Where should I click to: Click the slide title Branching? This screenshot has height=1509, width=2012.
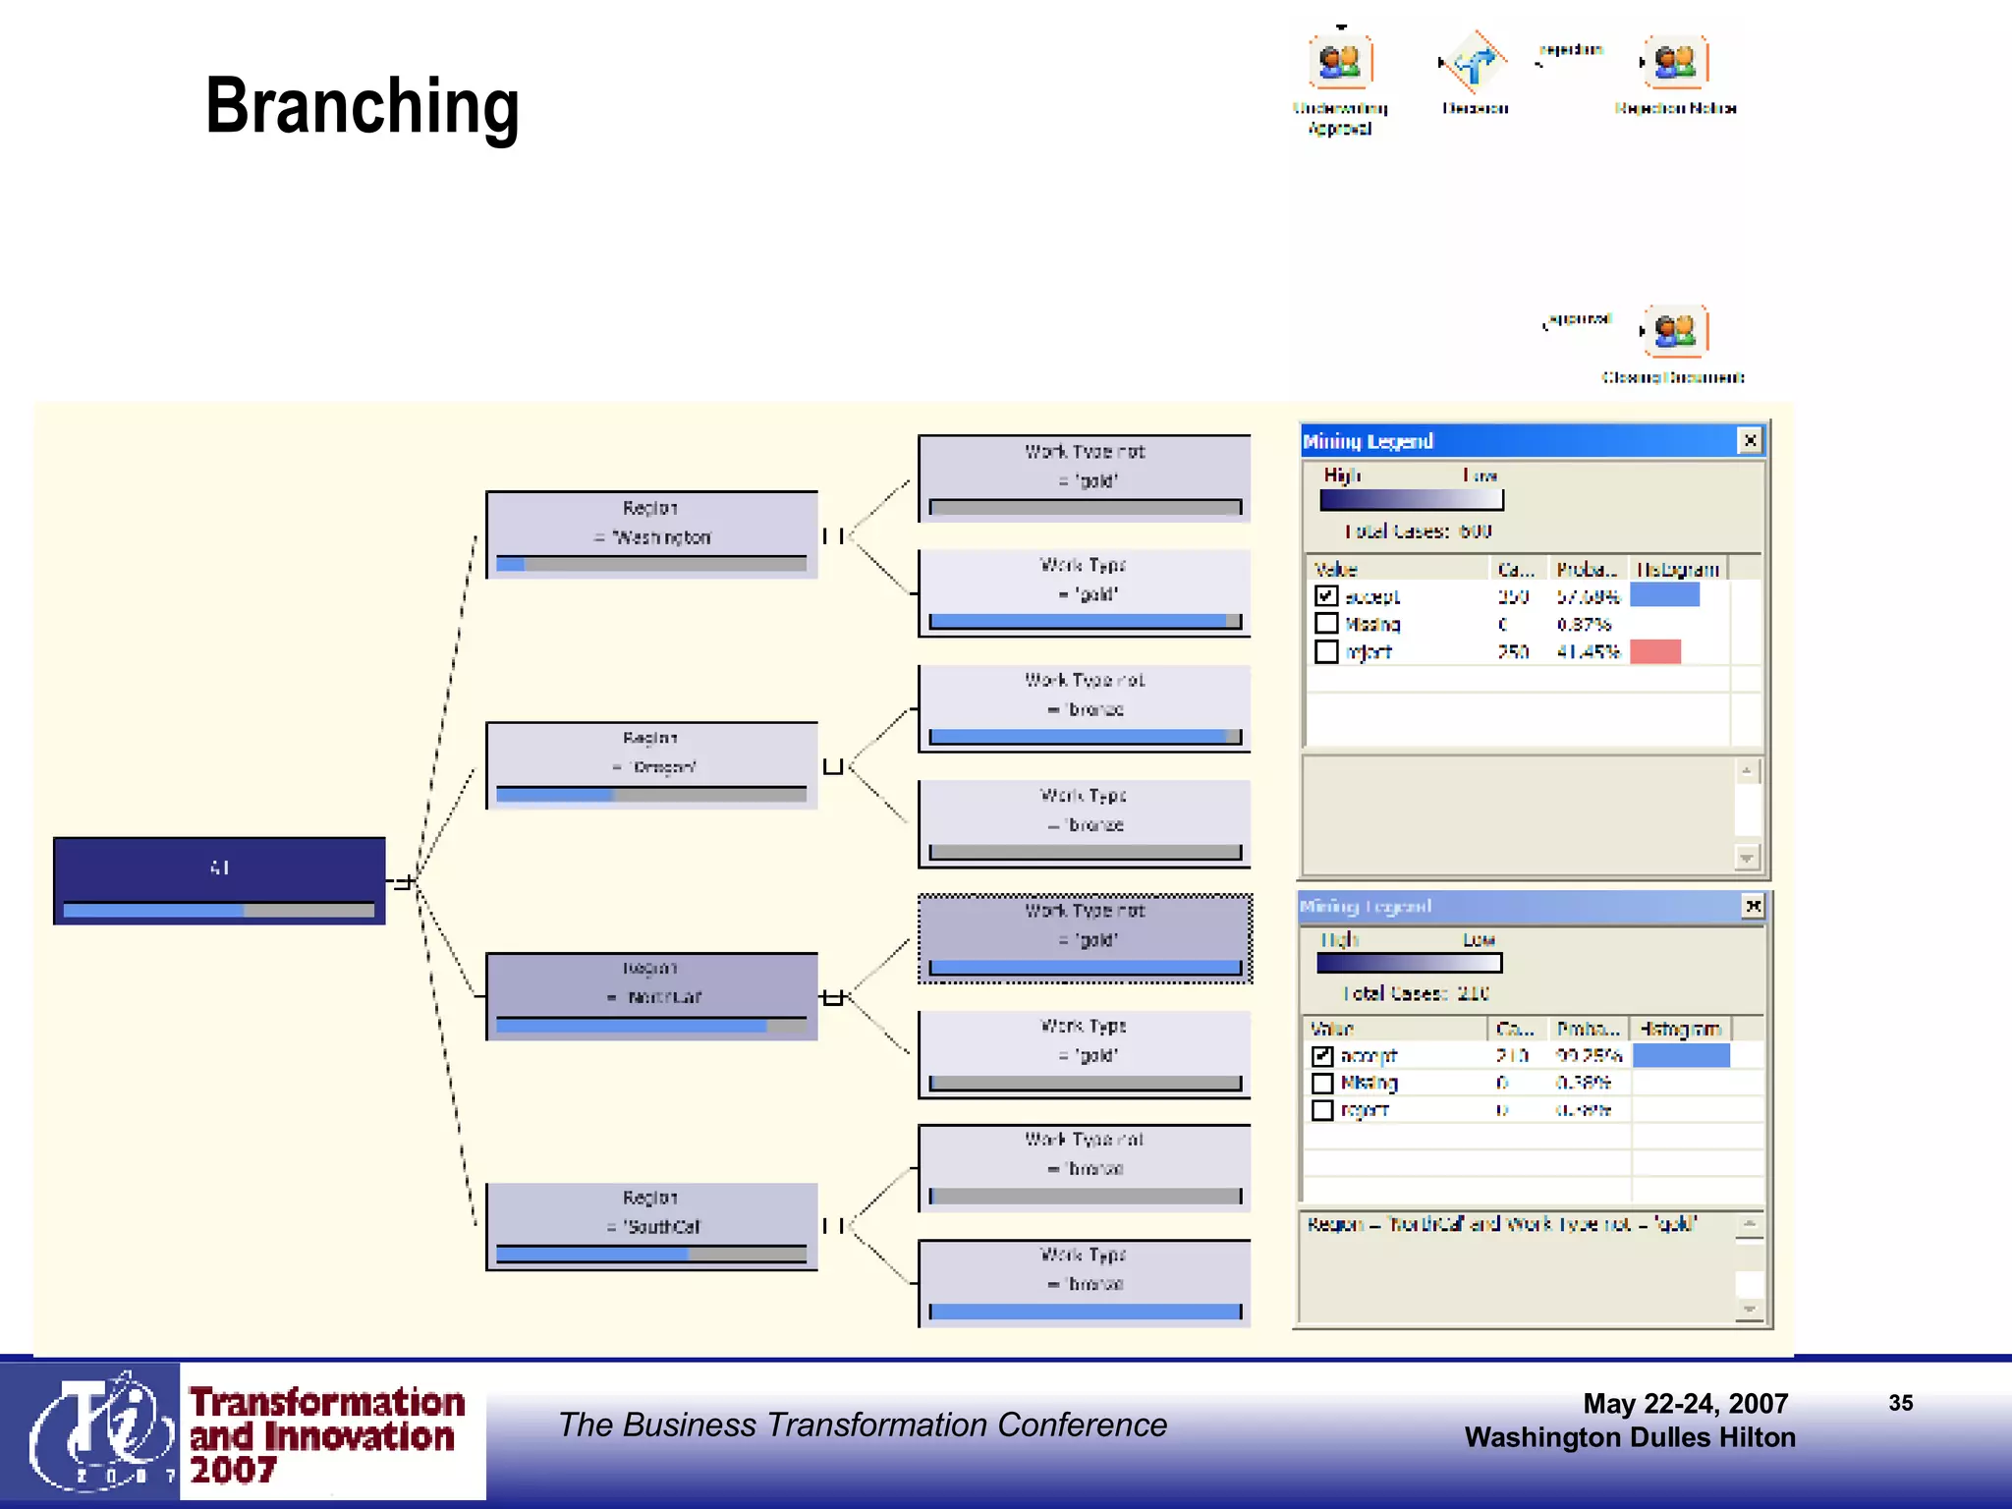tap(362, 106)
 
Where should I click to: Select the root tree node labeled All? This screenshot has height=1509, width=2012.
tap(219, 880)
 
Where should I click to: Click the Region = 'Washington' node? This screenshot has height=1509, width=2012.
tap(651, 534)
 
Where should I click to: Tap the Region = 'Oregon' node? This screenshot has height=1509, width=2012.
tap(651, 765)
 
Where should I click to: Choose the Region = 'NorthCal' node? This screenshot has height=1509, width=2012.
tap(651, 995)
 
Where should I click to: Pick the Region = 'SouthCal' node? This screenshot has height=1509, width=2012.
tap(651, 1225)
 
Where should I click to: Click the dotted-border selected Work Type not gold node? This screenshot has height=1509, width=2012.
tap(1085, 938)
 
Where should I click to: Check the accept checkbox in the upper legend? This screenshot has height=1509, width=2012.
tap(1326, 595)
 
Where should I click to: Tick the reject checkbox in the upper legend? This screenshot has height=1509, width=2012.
tap(1326, 651)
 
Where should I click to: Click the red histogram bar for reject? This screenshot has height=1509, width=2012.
tap(1655, 651)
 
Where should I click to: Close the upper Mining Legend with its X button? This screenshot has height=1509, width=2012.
tap(1750, 441)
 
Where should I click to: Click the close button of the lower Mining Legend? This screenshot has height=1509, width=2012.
tap(1753, 906)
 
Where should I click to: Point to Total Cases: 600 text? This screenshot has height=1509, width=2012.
tap(1418, 531)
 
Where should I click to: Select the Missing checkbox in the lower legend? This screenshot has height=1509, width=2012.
tap(1322, 1083)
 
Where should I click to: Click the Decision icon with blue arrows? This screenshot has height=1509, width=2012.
tap(1475, 63)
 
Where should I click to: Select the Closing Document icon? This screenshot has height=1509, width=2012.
tap(1675, 330)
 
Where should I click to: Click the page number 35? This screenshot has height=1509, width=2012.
tap(1900, 1403)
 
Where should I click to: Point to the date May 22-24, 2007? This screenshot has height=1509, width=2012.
tap(1685, 1403)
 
